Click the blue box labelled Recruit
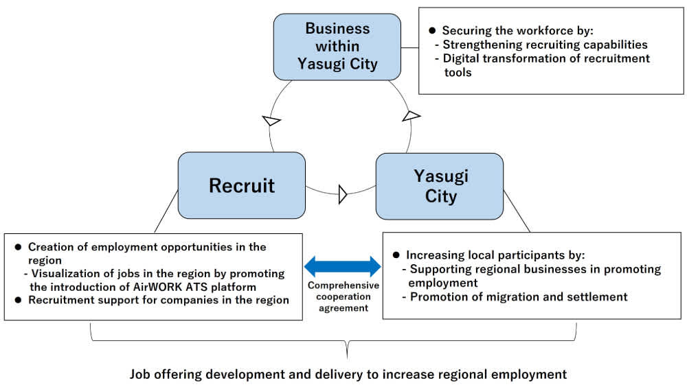tap(241, 185)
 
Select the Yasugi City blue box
tap(440, 186)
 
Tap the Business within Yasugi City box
tap(337, 47)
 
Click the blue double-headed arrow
tap(342, 266)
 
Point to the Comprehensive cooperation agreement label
tap(343, 296)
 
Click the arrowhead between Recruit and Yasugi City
tap(343, 195)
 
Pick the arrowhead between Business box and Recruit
tap(272, 121)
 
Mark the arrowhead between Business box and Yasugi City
tap(410, 115)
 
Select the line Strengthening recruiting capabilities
tap(545, 45)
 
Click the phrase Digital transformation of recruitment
tap(546, 58)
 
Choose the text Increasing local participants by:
tap(495, 255)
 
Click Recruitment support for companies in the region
tap(158, 300)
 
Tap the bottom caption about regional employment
tap(348, 375)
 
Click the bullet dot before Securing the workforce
tap(432, 31)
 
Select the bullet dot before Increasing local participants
tap(396, 255)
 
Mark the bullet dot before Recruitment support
tap(19, 300)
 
